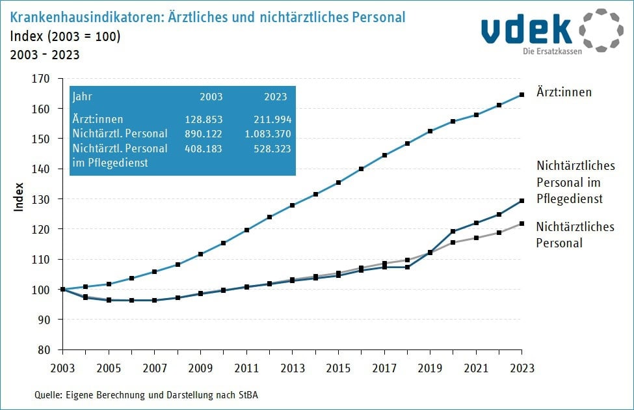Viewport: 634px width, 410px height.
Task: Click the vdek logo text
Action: tap(527, 30)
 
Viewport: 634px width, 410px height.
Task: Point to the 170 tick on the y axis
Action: tap(41, 79)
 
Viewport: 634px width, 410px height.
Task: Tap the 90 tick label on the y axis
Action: tap(44, 320)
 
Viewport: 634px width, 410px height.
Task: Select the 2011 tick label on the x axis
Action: tap(245, 368)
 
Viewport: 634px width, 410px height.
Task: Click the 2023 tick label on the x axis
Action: tap(522, 368)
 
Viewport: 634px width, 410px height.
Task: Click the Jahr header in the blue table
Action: tap(83, 96)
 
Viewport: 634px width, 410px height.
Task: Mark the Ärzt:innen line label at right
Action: tap(564, 92)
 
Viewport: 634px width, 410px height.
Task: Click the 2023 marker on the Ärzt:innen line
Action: tap(522, 94)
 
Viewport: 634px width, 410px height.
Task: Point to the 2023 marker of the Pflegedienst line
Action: tap(522, 200)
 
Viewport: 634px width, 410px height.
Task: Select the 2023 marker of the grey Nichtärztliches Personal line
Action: tap(522, 224)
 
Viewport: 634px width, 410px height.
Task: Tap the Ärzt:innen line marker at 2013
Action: tap(292, 205)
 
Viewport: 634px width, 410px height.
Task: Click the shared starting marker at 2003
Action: tap(62, 289)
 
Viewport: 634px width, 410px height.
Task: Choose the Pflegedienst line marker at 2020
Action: tap(453, 231)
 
